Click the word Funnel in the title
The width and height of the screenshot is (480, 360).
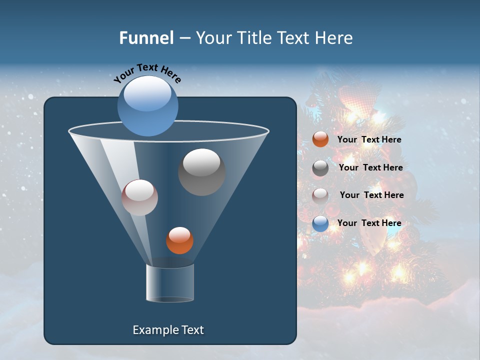coord(146,38)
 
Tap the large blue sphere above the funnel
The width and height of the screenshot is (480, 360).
coord(147,105)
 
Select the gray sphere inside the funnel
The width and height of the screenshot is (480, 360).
coord(201,171)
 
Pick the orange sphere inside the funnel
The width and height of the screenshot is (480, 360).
coord(179,240)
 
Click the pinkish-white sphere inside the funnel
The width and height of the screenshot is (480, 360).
coord(139,197)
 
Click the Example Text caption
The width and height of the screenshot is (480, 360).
coord(168,330)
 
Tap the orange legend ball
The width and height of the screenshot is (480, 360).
coord(320,139)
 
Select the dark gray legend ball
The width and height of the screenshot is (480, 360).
coord(320,168)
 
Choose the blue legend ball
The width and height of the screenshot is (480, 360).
coord(320,223)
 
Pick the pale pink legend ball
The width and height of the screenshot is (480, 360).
coord(320,195)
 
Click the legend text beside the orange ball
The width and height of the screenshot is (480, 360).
coord(369,140)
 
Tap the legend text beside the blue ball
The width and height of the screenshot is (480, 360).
coord(369,223)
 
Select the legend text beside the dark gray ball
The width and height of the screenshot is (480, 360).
coord(370,167)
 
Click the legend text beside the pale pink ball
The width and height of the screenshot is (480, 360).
coord(371,195)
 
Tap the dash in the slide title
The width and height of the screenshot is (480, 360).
coord(184,38)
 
